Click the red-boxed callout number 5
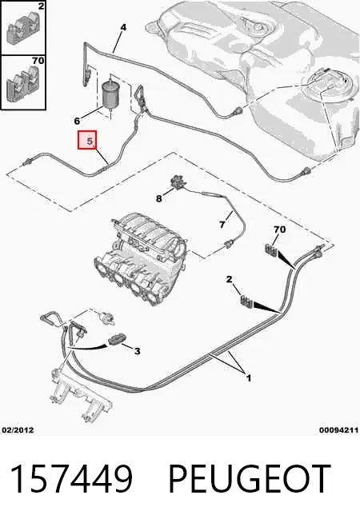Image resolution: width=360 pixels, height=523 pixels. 90,141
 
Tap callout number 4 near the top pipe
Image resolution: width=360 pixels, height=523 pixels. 123,27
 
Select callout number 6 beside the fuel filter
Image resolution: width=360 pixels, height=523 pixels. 77,120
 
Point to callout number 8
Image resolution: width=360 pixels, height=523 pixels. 159,198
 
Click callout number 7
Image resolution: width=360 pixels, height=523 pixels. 222,225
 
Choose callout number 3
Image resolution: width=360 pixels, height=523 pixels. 138,351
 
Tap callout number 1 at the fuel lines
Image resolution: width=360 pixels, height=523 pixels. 248,378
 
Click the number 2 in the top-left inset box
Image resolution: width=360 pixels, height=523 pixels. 41,6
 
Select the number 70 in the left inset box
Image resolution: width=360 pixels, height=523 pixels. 38,61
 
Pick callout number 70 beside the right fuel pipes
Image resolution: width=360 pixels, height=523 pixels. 279,230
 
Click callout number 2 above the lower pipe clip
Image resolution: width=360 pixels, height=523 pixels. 229,279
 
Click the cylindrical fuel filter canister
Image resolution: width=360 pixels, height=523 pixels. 110,94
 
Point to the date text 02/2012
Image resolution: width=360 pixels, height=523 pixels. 18,430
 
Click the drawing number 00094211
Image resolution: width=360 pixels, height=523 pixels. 339,430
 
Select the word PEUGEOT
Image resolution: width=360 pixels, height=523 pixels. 249,478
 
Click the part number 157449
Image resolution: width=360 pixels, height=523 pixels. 72,478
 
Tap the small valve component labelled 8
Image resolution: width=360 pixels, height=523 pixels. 177,182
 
